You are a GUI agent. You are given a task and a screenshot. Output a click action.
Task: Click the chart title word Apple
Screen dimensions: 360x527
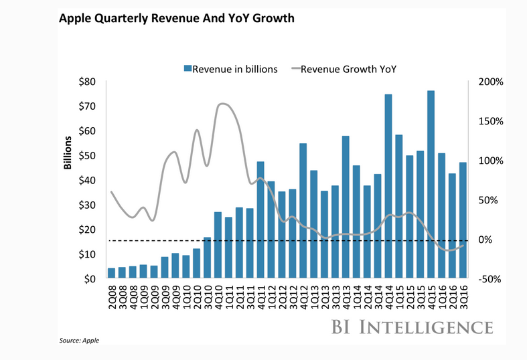76,18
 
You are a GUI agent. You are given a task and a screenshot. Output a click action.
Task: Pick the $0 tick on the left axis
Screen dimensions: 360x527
91,280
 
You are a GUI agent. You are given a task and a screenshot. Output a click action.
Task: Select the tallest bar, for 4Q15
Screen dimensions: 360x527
431,184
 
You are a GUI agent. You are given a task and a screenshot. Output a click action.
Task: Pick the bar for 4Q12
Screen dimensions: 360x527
303,210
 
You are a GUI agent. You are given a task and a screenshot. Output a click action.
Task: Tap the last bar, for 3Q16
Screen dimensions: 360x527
463,220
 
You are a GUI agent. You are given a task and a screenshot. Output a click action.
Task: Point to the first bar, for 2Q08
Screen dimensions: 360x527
111,273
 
